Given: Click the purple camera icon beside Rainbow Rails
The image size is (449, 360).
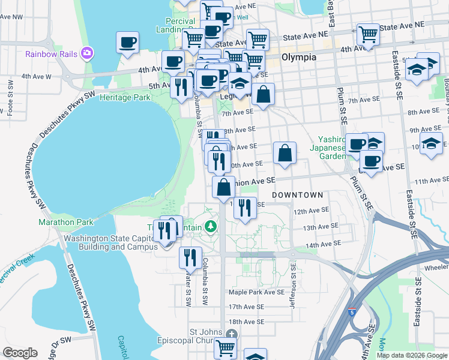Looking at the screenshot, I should [87, 54].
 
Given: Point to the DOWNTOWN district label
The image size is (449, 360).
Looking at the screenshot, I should [297, 196].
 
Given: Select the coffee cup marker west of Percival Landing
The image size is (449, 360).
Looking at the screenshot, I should [128, 43].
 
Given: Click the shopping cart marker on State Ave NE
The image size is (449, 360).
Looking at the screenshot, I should [368, 34].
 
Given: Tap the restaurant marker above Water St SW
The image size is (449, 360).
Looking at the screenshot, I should [190, 257].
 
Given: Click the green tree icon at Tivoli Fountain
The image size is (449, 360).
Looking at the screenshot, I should [210, 227].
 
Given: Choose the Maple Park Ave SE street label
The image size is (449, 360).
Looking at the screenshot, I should [256, 292].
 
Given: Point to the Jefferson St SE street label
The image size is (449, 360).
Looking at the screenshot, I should [293, 289].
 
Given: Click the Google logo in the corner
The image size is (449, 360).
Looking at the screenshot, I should [20, 353].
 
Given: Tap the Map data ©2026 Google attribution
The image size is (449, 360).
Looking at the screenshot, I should [411, 355].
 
